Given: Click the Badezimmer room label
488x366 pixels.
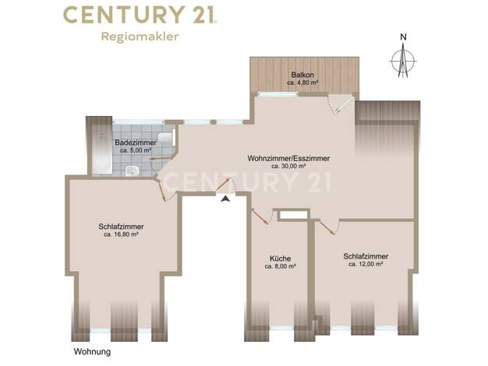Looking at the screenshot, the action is [x=136, y=143].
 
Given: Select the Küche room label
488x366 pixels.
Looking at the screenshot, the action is [x=280, y=259].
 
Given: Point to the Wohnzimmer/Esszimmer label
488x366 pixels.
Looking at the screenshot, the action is [x=288, y=158].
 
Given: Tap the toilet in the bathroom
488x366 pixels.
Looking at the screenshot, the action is [x=166, y=137].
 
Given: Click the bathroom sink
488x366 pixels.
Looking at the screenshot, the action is [x=133, y=171].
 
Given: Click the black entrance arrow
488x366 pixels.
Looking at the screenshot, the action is [x=225, y=199].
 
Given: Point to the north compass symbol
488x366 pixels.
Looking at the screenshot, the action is [x=403, y=61].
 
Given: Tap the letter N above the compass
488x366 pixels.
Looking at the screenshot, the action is [x=403, y=37].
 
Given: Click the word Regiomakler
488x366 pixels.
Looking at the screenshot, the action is [x=140, y=37].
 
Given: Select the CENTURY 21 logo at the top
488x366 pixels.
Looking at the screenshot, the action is [x=140, y=15].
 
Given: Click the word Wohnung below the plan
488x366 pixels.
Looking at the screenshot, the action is [x=92, y=352].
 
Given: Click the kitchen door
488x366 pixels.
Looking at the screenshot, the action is [x=260, y=216].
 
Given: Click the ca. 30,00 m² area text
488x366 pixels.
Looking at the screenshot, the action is [x=288, y=167].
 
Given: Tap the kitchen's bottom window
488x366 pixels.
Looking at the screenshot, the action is [x=281, y=328].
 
